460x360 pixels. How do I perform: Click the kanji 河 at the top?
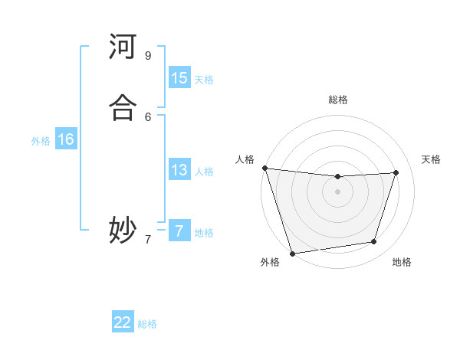[x=123, y=47]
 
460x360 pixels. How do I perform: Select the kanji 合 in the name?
[x=123, y=108]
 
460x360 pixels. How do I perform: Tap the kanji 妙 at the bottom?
[x=123, y=230]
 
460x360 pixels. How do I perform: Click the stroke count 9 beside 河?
[x=148, y=56]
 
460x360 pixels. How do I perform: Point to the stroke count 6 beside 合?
[x=148, y=116]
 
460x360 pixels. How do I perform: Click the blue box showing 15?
[x=179, y=78]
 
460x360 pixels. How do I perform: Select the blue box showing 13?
[x=179, y=170]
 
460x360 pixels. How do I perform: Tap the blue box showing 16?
[x=66, y=139]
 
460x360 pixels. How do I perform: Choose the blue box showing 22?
[x=123, y=322]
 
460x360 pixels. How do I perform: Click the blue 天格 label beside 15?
[x=204, y=79]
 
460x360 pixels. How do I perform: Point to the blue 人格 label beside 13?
[x=204, y=171]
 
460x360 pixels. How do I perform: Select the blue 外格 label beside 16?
[x=41, y=140]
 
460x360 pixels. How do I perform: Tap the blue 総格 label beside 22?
[x=147, y=324]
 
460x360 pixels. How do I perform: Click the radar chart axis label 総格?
[x=338, y=100]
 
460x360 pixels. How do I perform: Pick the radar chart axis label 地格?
[x=402, y=262]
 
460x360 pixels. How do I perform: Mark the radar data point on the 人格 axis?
[x=264, y=168]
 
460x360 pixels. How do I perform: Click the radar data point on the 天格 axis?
[x=396, y=172]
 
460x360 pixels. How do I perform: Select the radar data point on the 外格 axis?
[x=292, y=253]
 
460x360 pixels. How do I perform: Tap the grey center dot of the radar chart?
[x=337, y=191]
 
